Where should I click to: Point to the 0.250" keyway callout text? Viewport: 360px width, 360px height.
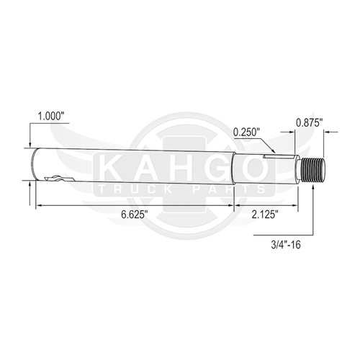pyautogui.click(x=247, y=132)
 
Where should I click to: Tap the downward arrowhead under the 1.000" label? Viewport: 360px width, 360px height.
pyautogui.click(x=30, y=146)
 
